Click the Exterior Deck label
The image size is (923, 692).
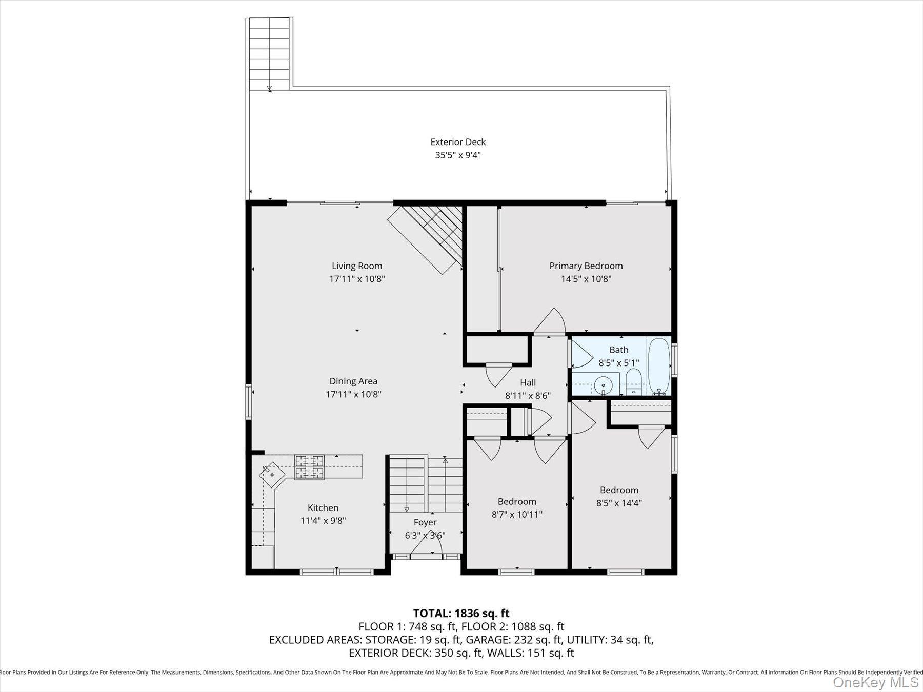tap(458, 142)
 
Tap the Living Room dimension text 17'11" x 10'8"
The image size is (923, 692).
tap(357, 279)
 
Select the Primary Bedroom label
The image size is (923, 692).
tap(586, 266)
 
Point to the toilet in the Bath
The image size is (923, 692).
tap(634, 382)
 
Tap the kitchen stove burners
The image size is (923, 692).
tap(309, 467)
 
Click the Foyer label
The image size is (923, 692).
tap(425, 522)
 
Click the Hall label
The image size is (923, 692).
tap(528, 382)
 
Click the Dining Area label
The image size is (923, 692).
tap(353, 381)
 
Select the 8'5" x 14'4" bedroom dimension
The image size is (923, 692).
tap(619, 503)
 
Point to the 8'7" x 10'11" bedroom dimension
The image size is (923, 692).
tap(517, 515)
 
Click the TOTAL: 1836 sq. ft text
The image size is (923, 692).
tap(461, 613)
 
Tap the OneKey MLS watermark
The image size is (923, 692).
tap(876, 682)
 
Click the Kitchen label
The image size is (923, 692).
tap(323, 508)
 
